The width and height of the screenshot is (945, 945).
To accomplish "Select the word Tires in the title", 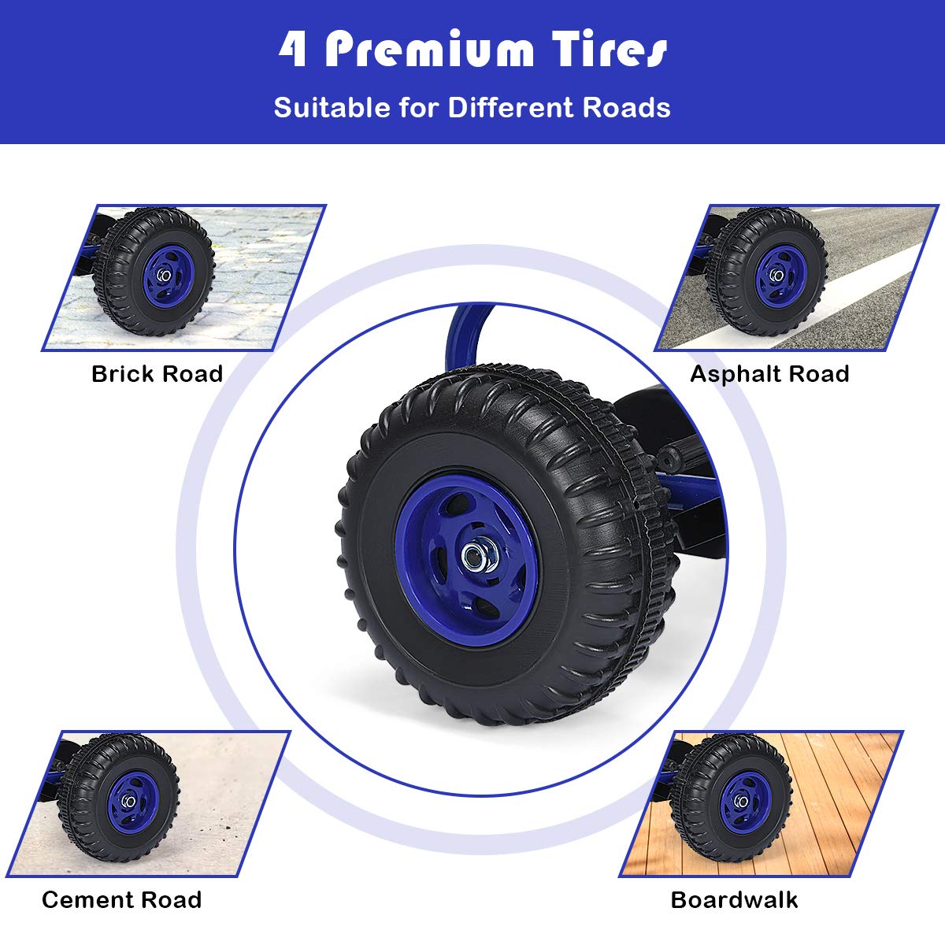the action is click(x=609, y=49).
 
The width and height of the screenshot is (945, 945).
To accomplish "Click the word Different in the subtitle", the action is click(x=510, y=107).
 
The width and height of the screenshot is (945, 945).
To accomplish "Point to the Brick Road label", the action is click(x=157, y=374).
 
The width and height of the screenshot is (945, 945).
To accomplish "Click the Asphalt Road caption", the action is click(x=769, y=374).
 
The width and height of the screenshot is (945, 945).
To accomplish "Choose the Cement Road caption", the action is click(x=121, y=900).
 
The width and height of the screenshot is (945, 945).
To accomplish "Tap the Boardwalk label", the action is click(x=734, y=900).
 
